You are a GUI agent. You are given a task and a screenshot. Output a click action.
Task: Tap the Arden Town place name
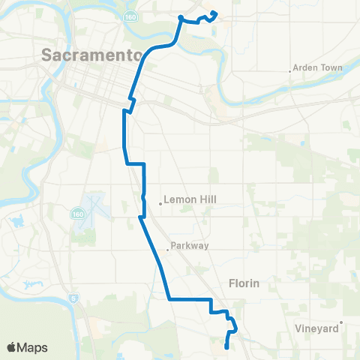tap(319, 67)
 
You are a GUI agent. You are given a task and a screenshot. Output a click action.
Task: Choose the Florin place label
tap(243, 283)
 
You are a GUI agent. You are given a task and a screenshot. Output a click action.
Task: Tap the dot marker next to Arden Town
tap(290, 72)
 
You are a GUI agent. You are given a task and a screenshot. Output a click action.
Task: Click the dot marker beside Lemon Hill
tap(160, 202)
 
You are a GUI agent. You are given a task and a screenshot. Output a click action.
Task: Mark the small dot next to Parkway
tap(168, 250)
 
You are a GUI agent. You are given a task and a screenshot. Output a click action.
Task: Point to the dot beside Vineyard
tap(341, 323)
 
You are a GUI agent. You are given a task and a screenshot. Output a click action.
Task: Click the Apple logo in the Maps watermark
tap(12, 347)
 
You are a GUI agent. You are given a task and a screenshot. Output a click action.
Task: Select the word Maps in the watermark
tap(33, 347)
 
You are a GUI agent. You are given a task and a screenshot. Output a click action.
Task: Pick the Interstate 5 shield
tap(73, 298)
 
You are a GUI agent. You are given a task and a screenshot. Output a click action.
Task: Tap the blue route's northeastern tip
tap(215, 13)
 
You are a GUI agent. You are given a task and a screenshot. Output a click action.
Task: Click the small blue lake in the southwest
tap(32, 285)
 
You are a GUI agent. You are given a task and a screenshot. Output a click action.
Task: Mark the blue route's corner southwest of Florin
tap(168, 298)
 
